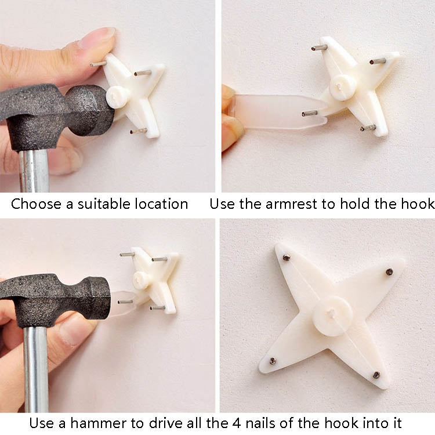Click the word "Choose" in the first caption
click(x=36, y=204)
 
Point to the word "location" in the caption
click(x=161, y=204)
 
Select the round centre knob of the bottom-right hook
click(x=332, y=316)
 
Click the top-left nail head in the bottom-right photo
click(x=287, y=258)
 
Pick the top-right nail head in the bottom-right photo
click(x=390, y=272)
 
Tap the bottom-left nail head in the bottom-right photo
click(x=273, y=361)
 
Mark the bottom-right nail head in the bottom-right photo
click(x=376, y=375)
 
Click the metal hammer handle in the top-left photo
click(x=34, y=171)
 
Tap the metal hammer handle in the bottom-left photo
click(x=36, y=369)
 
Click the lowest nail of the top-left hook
click(x=139, y=130)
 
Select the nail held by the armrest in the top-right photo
click(x=309, y=113)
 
